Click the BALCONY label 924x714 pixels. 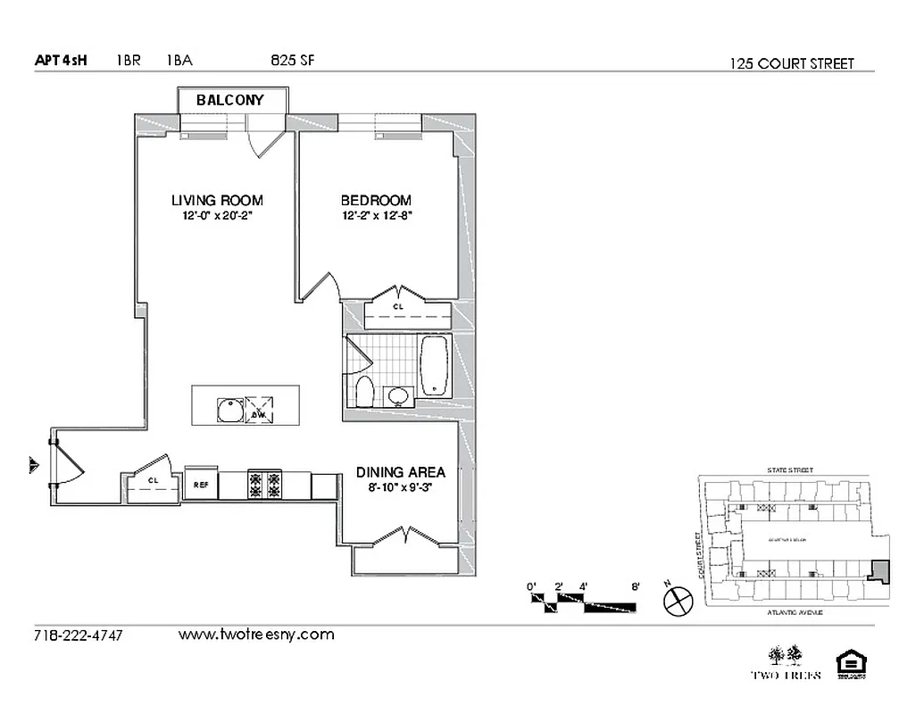[x=230, y=100]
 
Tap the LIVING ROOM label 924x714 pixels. [x=217, y=201]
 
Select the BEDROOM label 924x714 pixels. [x=376, y=201]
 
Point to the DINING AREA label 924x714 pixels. [x=401, y=472]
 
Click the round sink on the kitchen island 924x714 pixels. [x=229, y=408]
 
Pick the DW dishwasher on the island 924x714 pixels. [x=259, y=409]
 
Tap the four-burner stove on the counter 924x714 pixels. [x=264, y=485]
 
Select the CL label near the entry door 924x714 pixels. [x=153, y=481]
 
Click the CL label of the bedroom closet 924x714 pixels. [x=398, y=306]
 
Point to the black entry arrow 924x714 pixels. [x=34, y=464]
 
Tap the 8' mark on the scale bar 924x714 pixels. [x=636, y=586]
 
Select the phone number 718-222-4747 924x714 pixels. [x=78, y=635]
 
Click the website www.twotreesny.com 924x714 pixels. [x=256, y=635]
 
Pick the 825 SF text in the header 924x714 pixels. [x=293, y=61]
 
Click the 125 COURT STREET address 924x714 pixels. [x=791, y=63]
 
